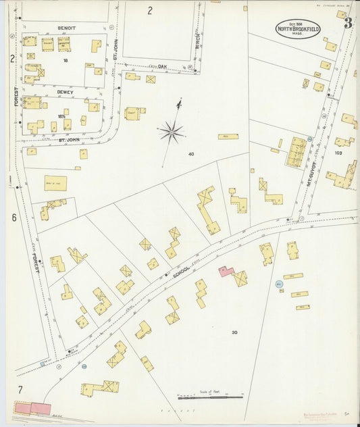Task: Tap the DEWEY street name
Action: pos(65,88)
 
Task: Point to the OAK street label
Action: pos(162,66)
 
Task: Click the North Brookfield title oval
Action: pos(298,29)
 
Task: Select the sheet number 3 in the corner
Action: pos(347,23)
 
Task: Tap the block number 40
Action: pos(191,154)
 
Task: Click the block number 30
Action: pos(234,332)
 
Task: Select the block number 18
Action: pos(66,61)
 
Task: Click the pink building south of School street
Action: pos(226,272)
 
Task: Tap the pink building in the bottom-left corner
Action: pos(32,408)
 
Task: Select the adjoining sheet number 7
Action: pos(20,389)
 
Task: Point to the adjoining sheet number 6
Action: pos(14,218)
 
